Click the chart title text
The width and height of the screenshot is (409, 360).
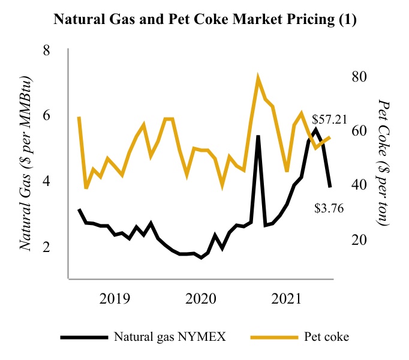pos(205,19)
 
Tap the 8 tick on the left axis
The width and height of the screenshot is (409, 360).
pos(46,50)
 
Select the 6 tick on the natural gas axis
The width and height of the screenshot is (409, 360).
pos(46,116)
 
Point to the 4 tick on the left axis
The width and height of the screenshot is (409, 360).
pos(46,181)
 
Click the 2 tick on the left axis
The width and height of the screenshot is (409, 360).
pos(46,247)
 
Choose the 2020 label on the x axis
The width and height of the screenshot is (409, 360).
pos(201,298)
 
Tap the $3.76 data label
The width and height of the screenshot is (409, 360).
pos(329,209)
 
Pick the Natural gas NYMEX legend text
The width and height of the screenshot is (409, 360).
pos(170,337)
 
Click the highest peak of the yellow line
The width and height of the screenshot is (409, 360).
pos(258,79)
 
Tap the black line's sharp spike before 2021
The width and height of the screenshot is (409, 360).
pos(258,136)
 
